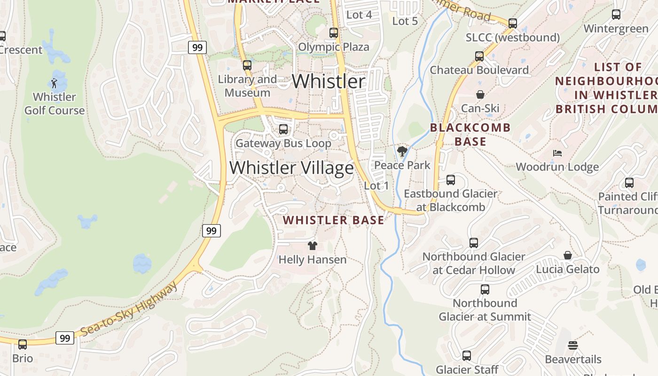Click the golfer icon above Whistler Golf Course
click(x=55, y=83)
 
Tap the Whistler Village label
click(x=291, y=168)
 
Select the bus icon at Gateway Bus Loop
click(x=283, y=129)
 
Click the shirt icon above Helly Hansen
click(x=312, y=245)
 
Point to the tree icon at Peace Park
click(x=402, y=151)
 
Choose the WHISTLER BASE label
click(x=333, y=220)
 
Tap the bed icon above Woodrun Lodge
click(x=557, y=153)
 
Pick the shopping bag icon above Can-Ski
click(x=480, y=94)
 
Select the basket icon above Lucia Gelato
click(x=568, y=255)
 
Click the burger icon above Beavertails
click(x=572, y=345)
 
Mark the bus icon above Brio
click(x=23, y=344)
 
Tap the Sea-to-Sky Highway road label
click(x=129, y=310)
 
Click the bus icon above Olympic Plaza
click(x=334, y=33)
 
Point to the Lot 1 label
click(x=376, y=186)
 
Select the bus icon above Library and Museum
click(x=247, y=65)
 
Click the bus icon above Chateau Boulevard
click(x=479, y=56)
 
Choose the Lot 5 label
click(x=405, y=21)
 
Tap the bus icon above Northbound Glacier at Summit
click(x=485, y=289)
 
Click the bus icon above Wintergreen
click(x=616, y=15)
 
